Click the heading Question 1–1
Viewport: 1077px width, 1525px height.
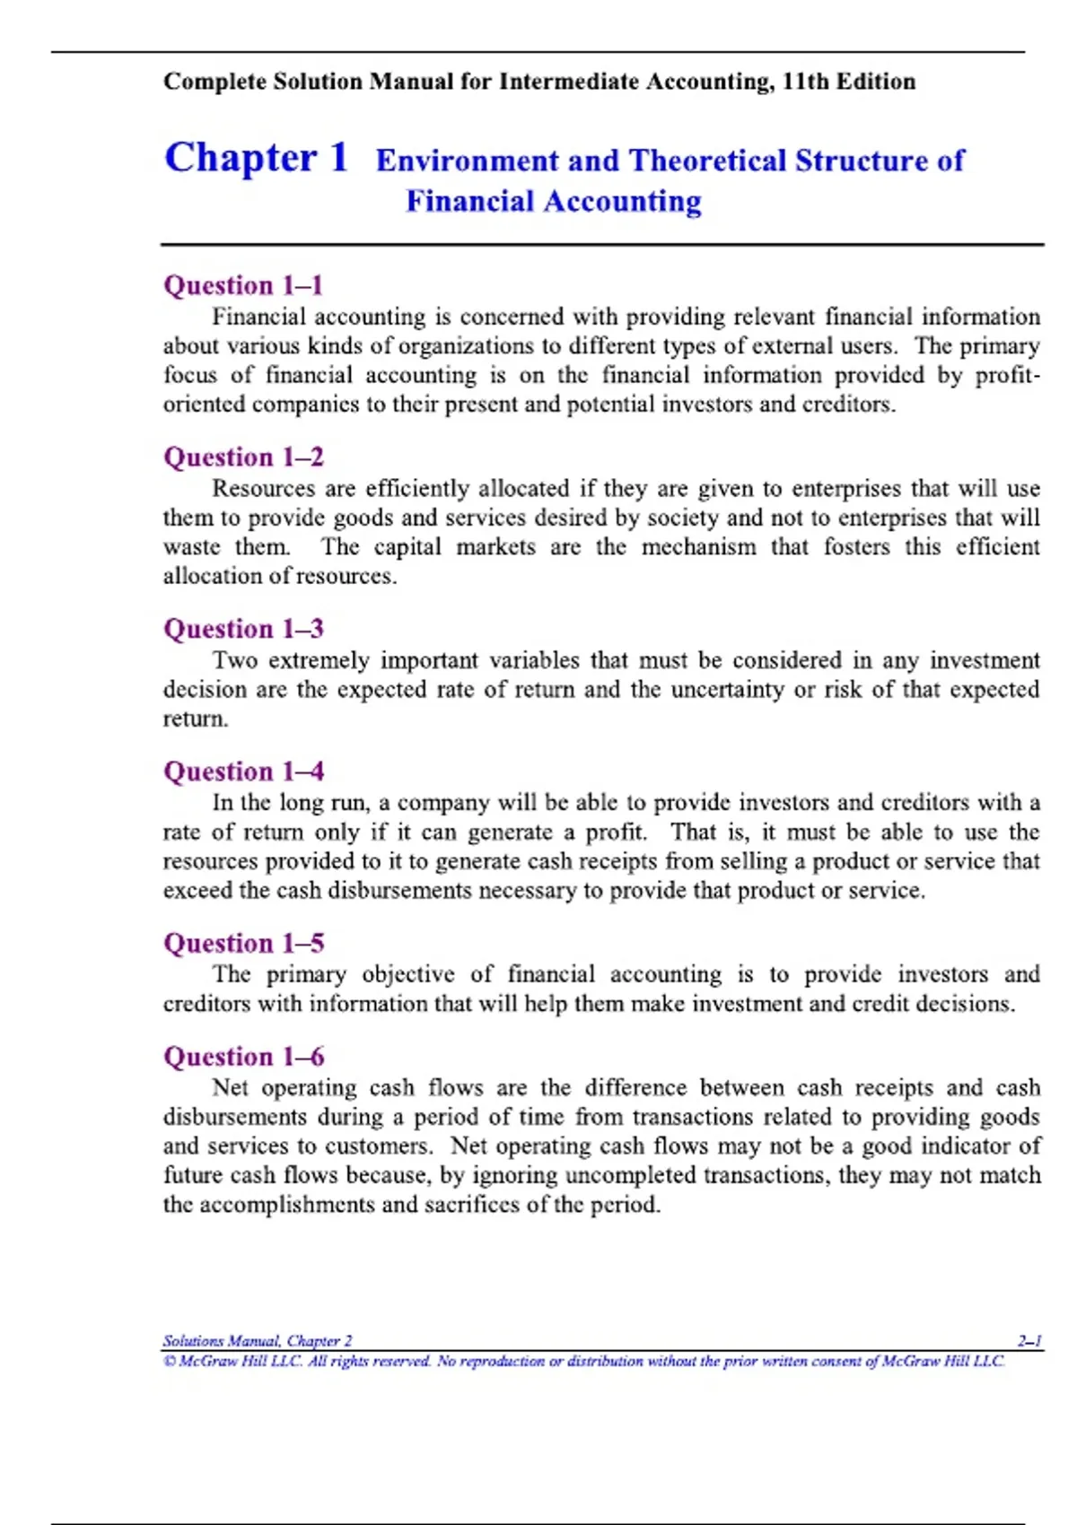tap(242, 285)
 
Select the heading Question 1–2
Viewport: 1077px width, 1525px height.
tap(243, 457)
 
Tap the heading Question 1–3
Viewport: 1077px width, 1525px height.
tap(243, 629)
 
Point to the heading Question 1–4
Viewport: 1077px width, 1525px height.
tap(243, 771)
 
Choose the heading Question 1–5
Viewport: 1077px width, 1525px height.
tap(243, 944)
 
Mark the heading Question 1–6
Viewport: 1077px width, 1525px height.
tap(243, 1057)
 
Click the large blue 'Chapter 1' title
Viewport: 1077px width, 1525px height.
tap(256, 158)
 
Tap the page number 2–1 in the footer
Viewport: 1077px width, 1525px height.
tap(1029, 1341)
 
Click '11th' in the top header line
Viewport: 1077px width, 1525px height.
tap(805, 82)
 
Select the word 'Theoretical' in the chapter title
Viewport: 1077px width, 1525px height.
tap(707, 161)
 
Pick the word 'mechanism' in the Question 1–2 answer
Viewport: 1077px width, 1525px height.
tap(698, 547)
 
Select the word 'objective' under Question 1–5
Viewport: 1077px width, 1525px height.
tap(408, 975)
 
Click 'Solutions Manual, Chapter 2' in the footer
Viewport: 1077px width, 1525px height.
tap(257, 1341)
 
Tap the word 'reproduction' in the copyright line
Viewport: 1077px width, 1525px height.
tap(502, 1362)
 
